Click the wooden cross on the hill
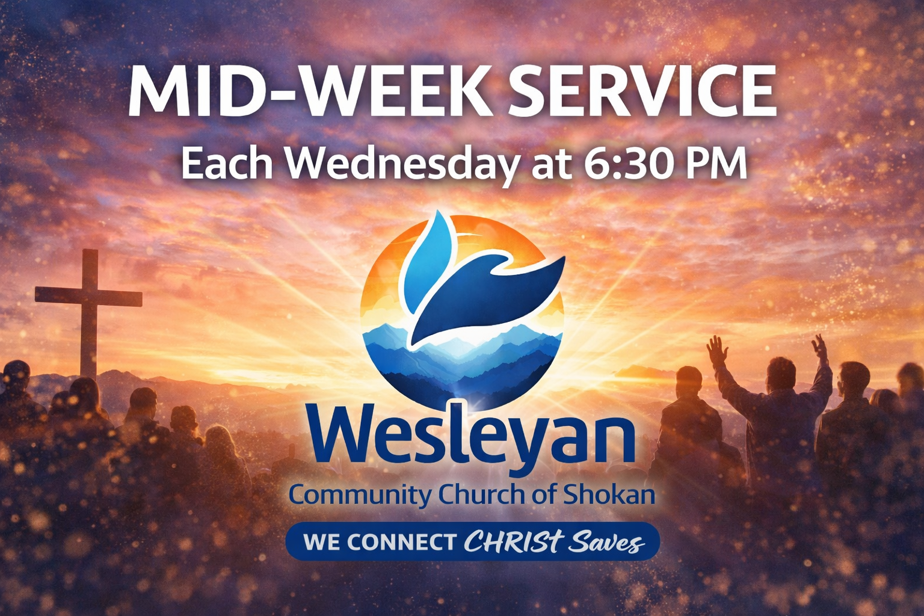click(88, 313)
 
